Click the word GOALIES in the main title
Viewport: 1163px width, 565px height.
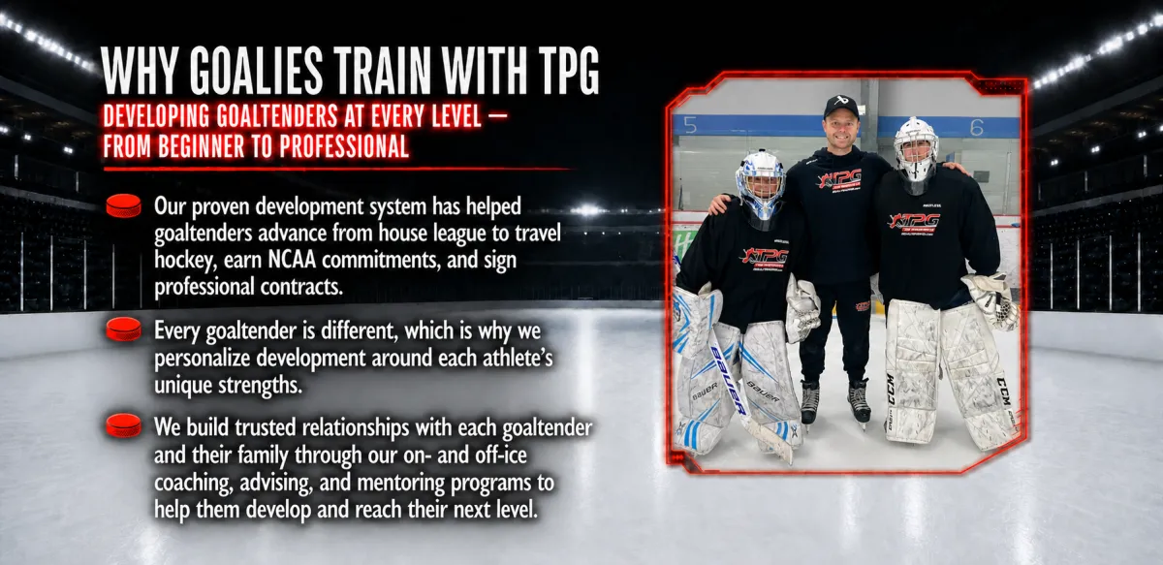[256, 71]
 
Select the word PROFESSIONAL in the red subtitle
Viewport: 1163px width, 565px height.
[344, 146]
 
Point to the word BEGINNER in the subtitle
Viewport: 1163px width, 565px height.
[202, 146]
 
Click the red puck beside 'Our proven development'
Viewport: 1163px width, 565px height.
[124, 205]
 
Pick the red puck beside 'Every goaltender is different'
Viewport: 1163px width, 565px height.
[124, 330]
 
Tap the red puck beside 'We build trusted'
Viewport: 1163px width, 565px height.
[124, 425]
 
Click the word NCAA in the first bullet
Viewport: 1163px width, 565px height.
[292, 260]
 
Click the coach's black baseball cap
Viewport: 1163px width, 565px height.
[840, 106]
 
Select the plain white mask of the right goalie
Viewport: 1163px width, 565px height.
[915, 150]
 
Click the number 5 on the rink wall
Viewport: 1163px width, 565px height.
[690, 125]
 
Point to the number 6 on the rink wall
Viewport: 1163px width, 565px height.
[977, 127]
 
